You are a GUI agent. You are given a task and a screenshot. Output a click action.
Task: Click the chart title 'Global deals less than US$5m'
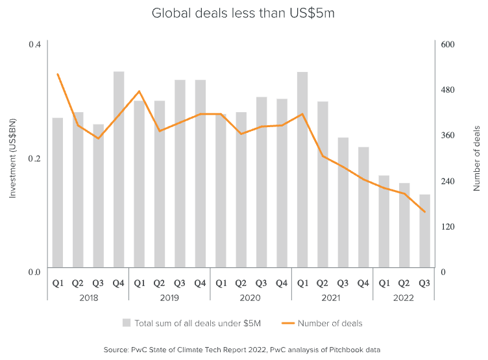pyautogui.click(x=243, y=13)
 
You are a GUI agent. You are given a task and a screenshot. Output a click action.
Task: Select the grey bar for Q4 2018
pyautogui.click(x=119, y=169)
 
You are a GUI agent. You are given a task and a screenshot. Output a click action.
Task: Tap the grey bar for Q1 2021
pyautogui.click(x=302, y=169)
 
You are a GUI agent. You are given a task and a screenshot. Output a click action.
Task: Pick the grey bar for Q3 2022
pyautogui.click(x=424, y=230)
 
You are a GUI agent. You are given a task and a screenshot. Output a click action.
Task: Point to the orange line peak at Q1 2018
pyautogui.click(x=58, y=74)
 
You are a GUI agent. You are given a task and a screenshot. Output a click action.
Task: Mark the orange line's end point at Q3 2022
pyautogui.click(x=424, y=211)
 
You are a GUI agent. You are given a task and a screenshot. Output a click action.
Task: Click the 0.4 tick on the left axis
pyautogui.click(x=34, y=44)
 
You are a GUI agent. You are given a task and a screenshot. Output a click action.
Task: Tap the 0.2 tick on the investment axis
pyautogui.click(x=34, y=158)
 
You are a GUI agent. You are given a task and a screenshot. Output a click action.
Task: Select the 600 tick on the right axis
pyautogui.click(x=448, y=44)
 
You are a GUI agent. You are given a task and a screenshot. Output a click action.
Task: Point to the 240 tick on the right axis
pyautogui.click(x=448, y=180)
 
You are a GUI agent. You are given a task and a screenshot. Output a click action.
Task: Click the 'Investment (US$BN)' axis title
pyautogui.click(x=12, y=158)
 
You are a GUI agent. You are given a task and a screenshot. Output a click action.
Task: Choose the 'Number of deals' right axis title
pyautogui.click(x=476, y=158)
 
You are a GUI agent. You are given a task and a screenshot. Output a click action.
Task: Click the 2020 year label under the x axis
pyautogui.click(x=250, y=298)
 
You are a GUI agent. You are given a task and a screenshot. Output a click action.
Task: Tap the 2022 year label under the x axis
pyautogui.click(x=404, y=298)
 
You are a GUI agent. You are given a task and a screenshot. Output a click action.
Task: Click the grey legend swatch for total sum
pyautogui.click(x=127, y=323)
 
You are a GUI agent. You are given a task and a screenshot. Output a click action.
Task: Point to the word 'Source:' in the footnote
pyautogui.click(x=117, y=350)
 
